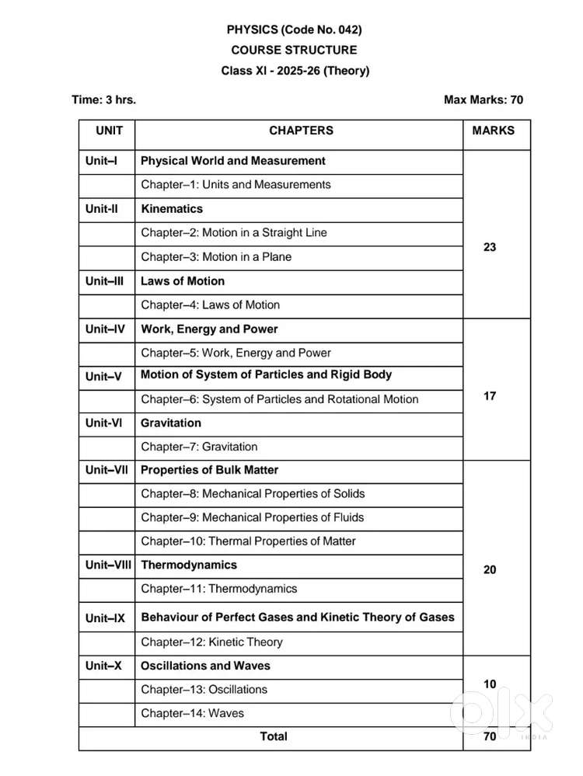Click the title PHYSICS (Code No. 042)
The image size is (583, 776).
[294, 30]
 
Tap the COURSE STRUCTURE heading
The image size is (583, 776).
[294, 50]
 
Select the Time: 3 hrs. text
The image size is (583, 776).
[98, 99]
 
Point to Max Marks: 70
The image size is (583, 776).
[483, 99]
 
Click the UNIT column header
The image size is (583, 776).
[109, 130]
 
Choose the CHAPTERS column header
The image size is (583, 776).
[301, 130]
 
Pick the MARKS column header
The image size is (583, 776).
[493, 130]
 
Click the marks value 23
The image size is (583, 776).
[490, 247]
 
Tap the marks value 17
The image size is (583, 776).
[490, 395]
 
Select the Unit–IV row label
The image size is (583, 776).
[106, 329]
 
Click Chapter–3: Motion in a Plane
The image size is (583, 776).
[216, 256]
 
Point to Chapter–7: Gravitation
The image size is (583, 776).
[199, 447]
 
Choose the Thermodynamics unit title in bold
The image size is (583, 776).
[189, 565]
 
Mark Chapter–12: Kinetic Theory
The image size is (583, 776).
[211, 642]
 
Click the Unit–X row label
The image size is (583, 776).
[103, 666]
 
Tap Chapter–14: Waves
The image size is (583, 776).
[192, 713]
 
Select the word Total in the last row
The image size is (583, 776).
[273, 736]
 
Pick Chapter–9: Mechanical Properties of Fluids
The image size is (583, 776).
[252, 517]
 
